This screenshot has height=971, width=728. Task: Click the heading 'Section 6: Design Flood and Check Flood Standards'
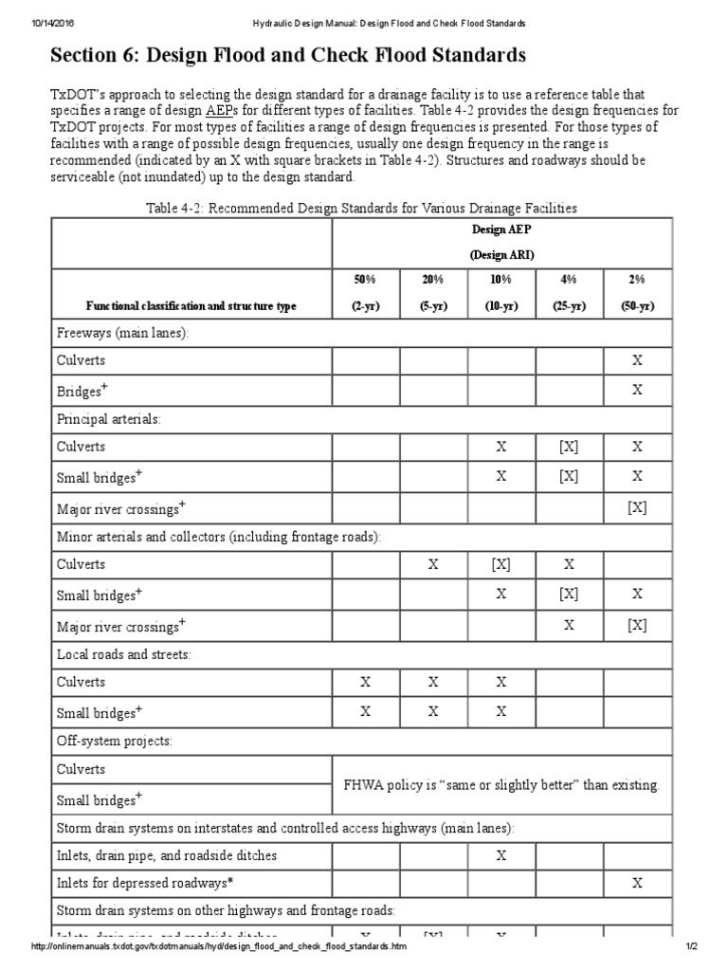pyautogui.click(x=287, y=56)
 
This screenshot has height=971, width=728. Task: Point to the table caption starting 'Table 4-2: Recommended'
pyautogui.click(x=361, y=208)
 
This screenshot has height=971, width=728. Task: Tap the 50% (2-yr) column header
pyautogui.click(x=366, y=293)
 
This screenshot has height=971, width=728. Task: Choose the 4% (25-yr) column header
pyautogui.click(x=569, y=293)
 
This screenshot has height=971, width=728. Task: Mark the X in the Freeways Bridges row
pyautogui.click(x=637, y=390)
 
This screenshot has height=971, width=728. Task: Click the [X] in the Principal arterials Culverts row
pyautogui.click(x=569, y=447)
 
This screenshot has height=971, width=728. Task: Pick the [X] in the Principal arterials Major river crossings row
pyautogui.click(x=637, y=507)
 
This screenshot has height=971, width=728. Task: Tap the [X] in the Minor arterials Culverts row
pyautogui.click(x=501, y=564)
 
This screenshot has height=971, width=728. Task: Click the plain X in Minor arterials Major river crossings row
pyautogui.click(x=569, y=624)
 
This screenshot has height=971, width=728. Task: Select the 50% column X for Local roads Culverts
pyautogui.click(x=366, y=682)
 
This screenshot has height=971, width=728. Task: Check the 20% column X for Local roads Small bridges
pyautogui.click(x=433, y=710)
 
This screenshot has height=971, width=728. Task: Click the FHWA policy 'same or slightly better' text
pyautogui.click(x=500, y=785)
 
